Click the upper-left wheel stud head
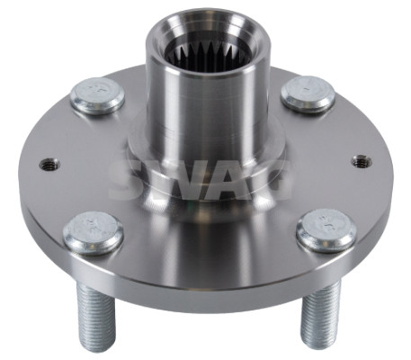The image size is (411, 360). coord(98,95)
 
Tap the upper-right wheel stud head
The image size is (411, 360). coord(308,94)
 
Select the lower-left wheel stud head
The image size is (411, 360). coord(94,233)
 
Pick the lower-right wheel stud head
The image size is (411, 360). coord(326,230)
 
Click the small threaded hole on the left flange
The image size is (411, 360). coord(49,164)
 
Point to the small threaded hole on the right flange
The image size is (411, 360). coord(362,161)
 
